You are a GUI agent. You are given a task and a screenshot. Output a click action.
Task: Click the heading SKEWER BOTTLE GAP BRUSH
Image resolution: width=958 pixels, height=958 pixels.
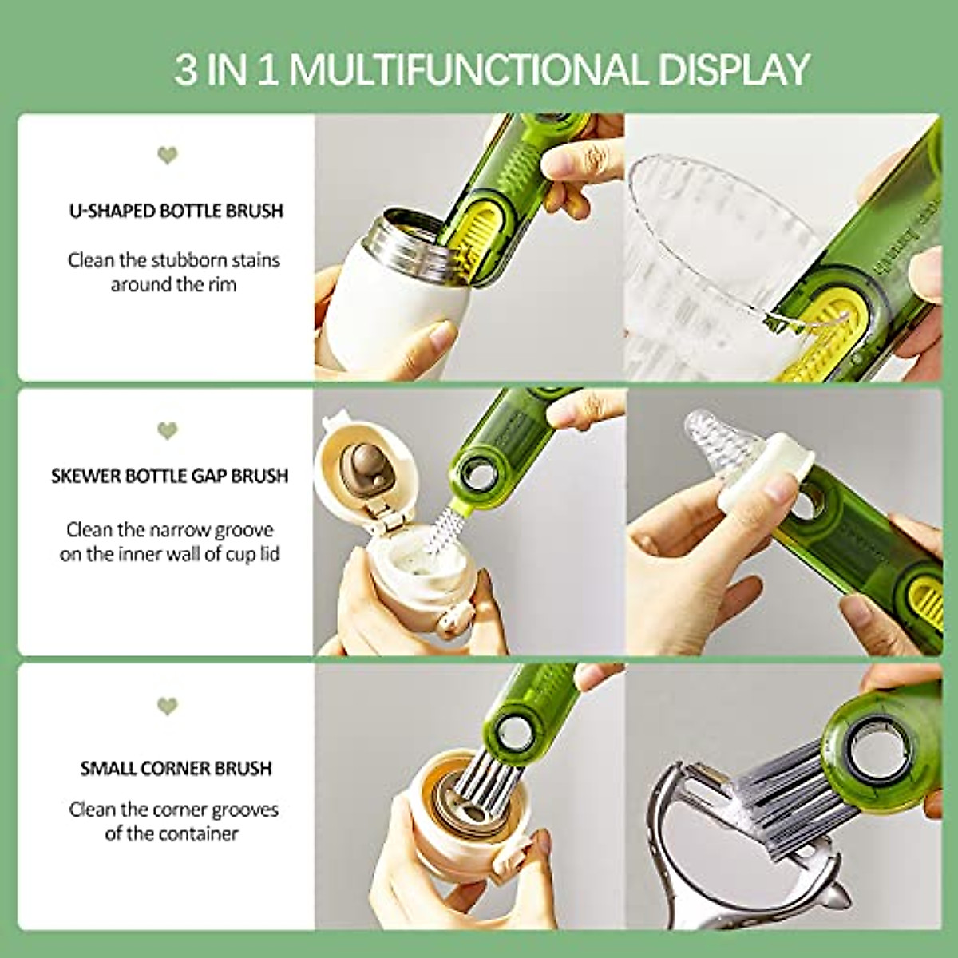click(169, 477)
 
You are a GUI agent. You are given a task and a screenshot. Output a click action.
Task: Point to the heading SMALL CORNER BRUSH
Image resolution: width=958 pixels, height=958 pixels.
click(176, 768)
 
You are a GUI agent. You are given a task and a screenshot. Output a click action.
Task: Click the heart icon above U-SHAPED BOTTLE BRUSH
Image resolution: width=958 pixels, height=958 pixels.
click(167, 155)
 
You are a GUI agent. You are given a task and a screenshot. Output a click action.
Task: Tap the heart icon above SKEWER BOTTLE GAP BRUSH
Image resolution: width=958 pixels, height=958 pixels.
click(167, 431)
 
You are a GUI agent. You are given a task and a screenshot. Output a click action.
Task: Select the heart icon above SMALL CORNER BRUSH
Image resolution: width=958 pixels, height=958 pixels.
click(167, 706)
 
